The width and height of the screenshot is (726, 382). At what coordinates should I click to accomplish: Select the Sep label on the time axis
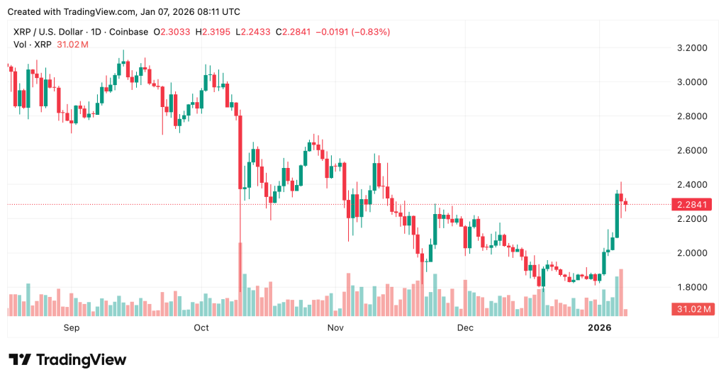tap(72, 327)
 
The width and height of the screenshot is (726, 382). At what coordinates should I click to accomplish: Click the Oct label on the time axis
tap(201, 327)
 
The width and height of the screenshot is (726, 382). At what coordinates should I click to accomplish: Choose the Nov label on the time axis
tap(336, 327)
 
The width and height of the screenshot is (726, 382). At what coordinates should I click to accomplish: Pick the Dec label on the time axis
tap(465, 327)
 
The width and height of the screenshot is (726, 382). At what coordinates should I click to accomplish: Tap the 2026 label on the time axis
tap(600, 327)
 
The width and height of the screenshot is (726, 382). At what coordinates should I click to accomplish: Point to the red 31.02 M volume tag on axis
tap(692, 309)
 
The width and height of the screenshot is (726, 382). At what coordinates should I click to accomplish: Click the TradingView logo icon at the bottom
tap(19, 359)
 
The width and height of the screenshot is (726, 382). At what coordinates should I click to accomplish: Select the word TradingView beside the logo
tap(80, 359)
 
